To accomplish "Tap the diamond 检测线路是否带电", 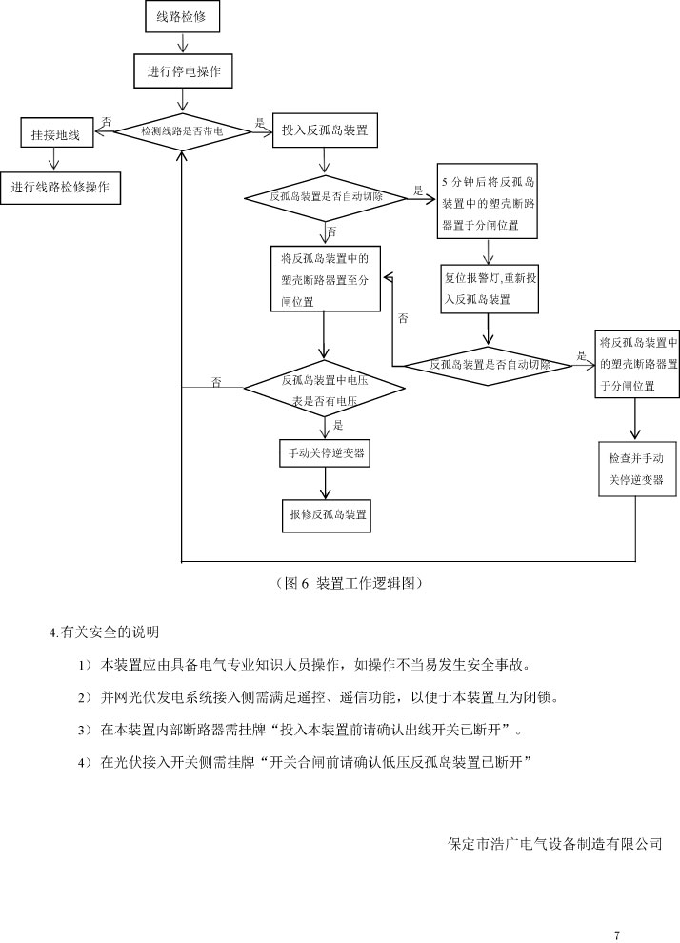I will pyautogui.click(x=182, y=131).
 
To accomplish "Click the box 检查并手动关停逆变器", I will pyautogui.click(x=636, y=469).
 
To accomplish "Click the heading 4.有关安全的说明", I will pyautogui.click(x=104, y=632).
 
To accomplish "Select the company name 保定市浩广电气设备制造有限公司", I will pyautogui.click(x=553, y=844).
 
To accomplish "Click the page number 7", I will pyautogui.click(x=618, y=933).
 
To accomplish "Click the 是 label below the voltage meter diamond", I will pyautogui.click(x=339, y=426).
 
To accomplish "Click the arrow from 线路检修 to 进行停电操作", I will pyautogui.click(x=181, y=43).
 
